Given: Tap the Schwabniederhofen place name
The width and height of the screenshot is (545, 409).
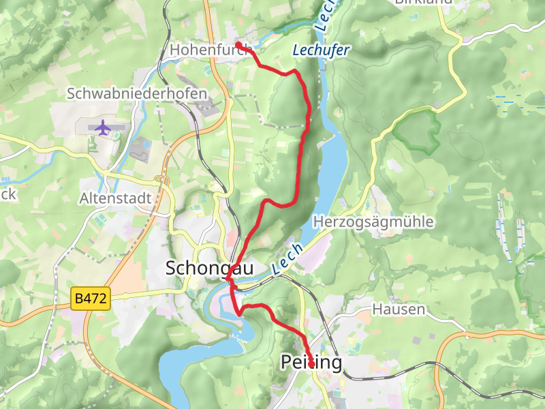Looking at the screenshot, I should coord(136,92).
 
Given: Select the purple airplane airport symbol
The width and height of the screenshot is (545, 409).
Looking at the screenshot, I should coord(103,127).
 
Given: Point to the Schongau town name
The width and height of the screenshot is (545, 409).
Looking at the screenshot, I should coord(209,269).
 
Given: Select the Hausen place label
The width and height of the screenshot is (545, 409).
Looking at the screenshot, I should coord(399,309).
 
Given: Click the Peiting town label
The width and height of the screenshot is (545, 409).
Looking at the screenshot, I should coord(311,363).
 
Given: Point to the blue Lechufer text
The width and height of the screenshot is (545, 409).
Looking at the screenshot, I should coord(321,50).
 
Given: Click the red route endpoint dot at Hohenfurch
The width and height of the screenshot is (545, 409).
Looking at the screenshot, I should coord(238,45).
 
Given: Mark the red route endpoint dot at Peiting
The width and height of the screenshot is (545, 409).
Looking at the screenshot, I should coord(311,365).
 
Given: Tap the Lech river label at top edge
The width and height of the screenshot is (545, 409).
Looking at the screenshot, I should coord(326,14).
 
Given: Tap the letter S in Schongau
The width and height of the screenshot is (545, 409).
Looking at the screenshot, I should coord(172,269).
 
